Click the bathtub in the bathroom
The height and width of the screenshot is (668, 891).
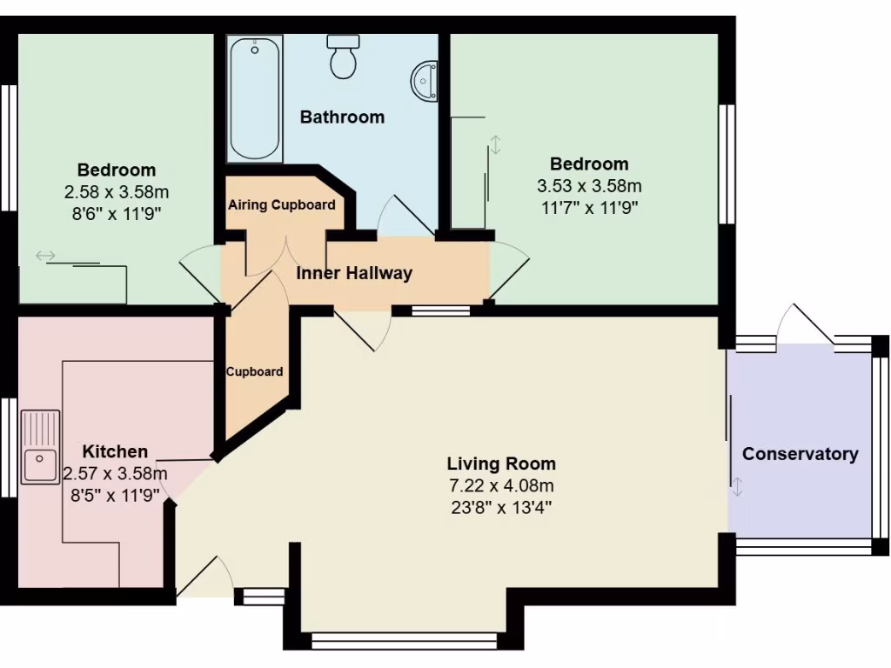(255, 98)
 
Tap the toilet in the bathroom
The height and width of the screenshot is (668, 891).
(343, 57)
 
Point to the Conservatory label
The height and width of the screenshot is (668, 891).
(800, 454)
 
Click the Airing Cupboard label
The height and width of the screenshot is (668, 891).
(281, 205)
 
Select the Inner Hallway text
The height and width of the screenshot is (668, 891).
(354, 273)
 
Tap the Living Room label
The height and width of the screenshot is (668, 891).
(501, 464)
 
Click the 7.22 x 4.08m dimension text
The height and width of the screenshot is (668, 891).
(501, 485)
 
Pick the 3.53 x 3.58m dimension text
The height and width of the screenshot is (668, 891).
(589, 186)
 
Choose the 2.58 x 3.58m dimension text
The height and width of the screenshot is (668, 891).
(117, 192)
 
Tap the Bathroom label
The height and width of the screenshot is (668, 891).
(342, 117)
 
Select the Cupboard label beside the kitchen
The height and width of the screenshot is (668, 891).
(255, 371)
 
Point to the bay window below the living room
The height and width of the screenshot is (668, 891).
(404, 641)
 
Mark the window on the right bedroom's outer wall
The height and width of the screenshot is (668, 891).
(727, 165)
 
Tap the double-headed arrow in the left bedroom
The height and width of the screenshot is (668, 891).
(45, 256)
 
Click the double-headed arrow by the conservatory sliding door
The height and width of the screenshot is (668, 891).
(738, 487)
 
